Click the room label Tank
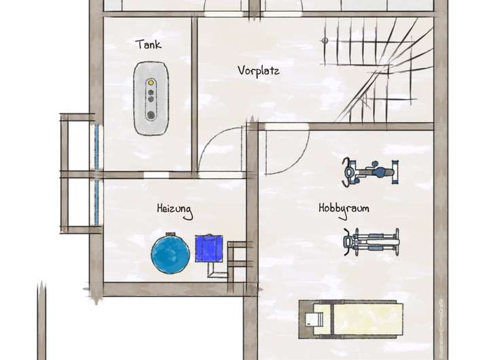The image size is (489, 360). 148,45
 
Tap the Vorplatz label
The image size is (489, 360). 258,71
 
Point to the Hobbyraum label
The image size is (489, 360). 344,209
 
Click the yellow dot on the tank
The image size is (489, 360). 151,82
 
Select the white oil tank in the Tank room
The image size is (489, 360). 150,98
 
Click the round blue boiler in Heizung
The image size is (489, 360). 170,253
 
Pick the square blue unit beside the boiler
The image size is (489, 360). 209,248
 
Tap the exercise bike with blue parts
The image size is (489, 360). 369,172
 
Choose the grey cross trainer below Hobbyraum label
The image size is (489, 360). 371,241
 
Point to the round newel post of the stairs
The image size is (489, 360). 325,41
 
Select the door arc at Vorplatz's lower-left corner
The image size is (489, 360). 221,149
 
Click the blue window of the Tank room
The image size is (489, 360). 96,146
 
